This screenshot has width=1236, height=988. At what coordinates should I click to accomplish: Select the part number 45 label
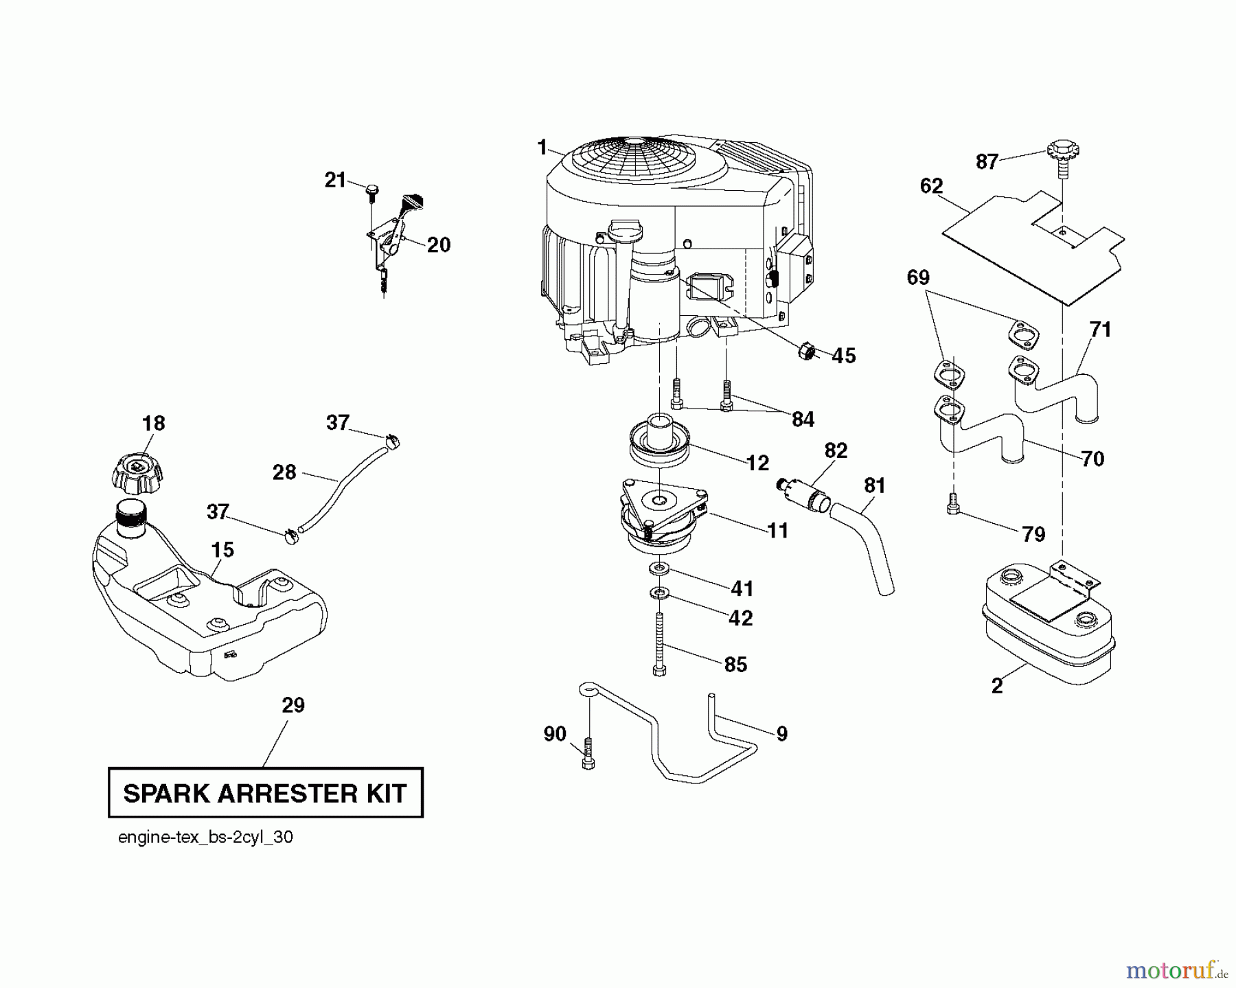[x=844, y=356]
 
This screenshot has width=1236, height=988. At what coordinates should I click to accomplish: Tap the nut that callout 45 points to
[x=807, y=352]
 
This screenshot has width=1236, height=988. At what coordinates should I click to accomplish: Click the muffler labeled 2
[x=1047, y=621]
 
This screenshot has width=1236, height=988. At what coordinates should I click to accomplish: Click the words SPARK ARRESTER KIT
[x=265, y=794]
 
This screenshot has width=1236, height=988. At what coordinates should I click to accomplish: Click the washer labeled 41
[x=659, y=568]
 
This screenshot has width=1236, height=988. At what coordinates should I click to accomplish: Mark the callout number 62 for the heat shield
[x=931, y=187]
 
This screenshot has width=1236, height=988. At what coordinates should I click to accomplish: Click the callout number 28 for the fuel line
[x=284, y=472]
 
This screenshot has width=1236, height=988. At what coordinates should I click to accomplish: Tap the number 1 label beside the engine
[x=542, y=148]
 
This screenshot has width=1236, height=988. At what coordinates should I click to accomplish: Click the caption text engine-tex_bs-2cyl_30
[x=205, y=838]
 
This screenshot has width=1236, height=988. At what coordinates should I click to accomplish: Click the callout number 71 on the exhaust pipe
[x=1100, y=330]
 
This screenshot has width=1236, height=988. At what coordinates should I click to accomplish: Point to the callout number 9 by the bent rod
[x=781, y=734]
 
